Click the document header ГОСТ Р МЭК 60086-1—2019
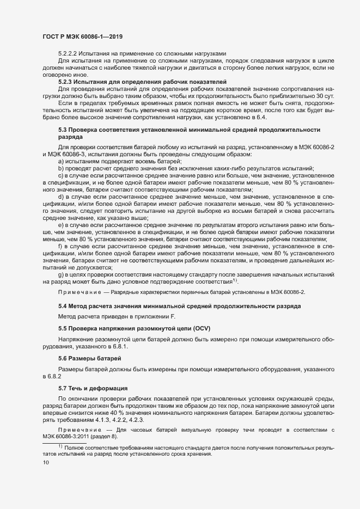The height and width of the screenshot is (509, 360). click(82, 36)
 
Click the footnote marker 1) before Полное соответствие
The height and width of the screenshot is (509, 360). click(60, 446)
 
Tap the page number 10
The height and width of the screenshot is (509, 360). click(46, 462)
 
